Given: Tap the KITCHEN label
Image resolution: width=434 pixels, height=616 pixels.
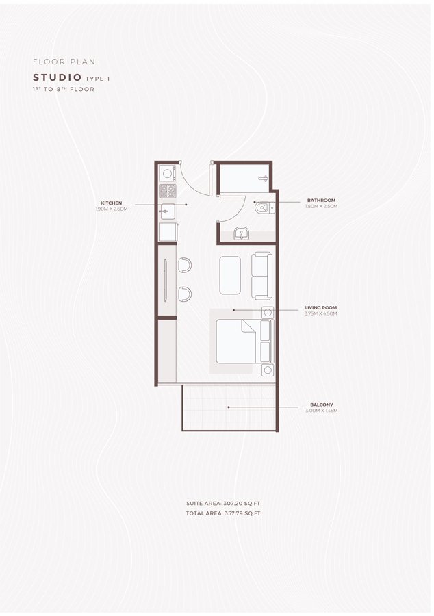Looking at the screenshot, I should (112, 203).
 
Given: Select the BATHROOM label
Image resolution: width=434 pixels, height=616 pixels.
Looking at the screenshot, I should (321, 201).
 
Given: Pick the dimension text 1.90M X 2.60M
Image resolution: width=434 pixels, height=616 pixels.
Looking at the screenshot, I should (112, 209).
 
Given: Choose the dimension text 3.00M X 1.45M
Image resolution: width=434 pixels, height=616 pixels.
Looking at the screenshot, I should (321, 411).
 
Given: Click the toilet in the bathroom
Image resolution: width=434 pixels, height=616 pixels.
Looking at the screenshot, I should (266, 205).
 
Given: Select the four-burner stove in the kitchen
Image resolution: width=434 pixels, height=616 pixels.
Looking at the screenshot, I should (167, 190).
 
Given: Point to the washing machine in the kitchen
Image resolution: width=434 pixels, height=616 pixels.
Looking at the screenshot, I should (167, 172).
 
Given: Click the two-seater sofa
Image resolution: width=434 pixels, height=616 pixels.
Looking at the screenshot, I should (262, 276).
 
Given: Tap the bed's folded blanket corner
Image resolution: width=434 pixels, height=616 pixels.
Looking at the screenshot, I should (247, 331).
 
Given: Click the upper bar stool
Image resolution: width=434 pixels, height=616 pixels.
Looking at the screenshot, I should (185, 265).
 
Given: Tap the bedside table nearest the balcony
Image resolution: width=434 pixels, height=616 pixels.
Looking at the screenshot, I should (266, 370).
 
